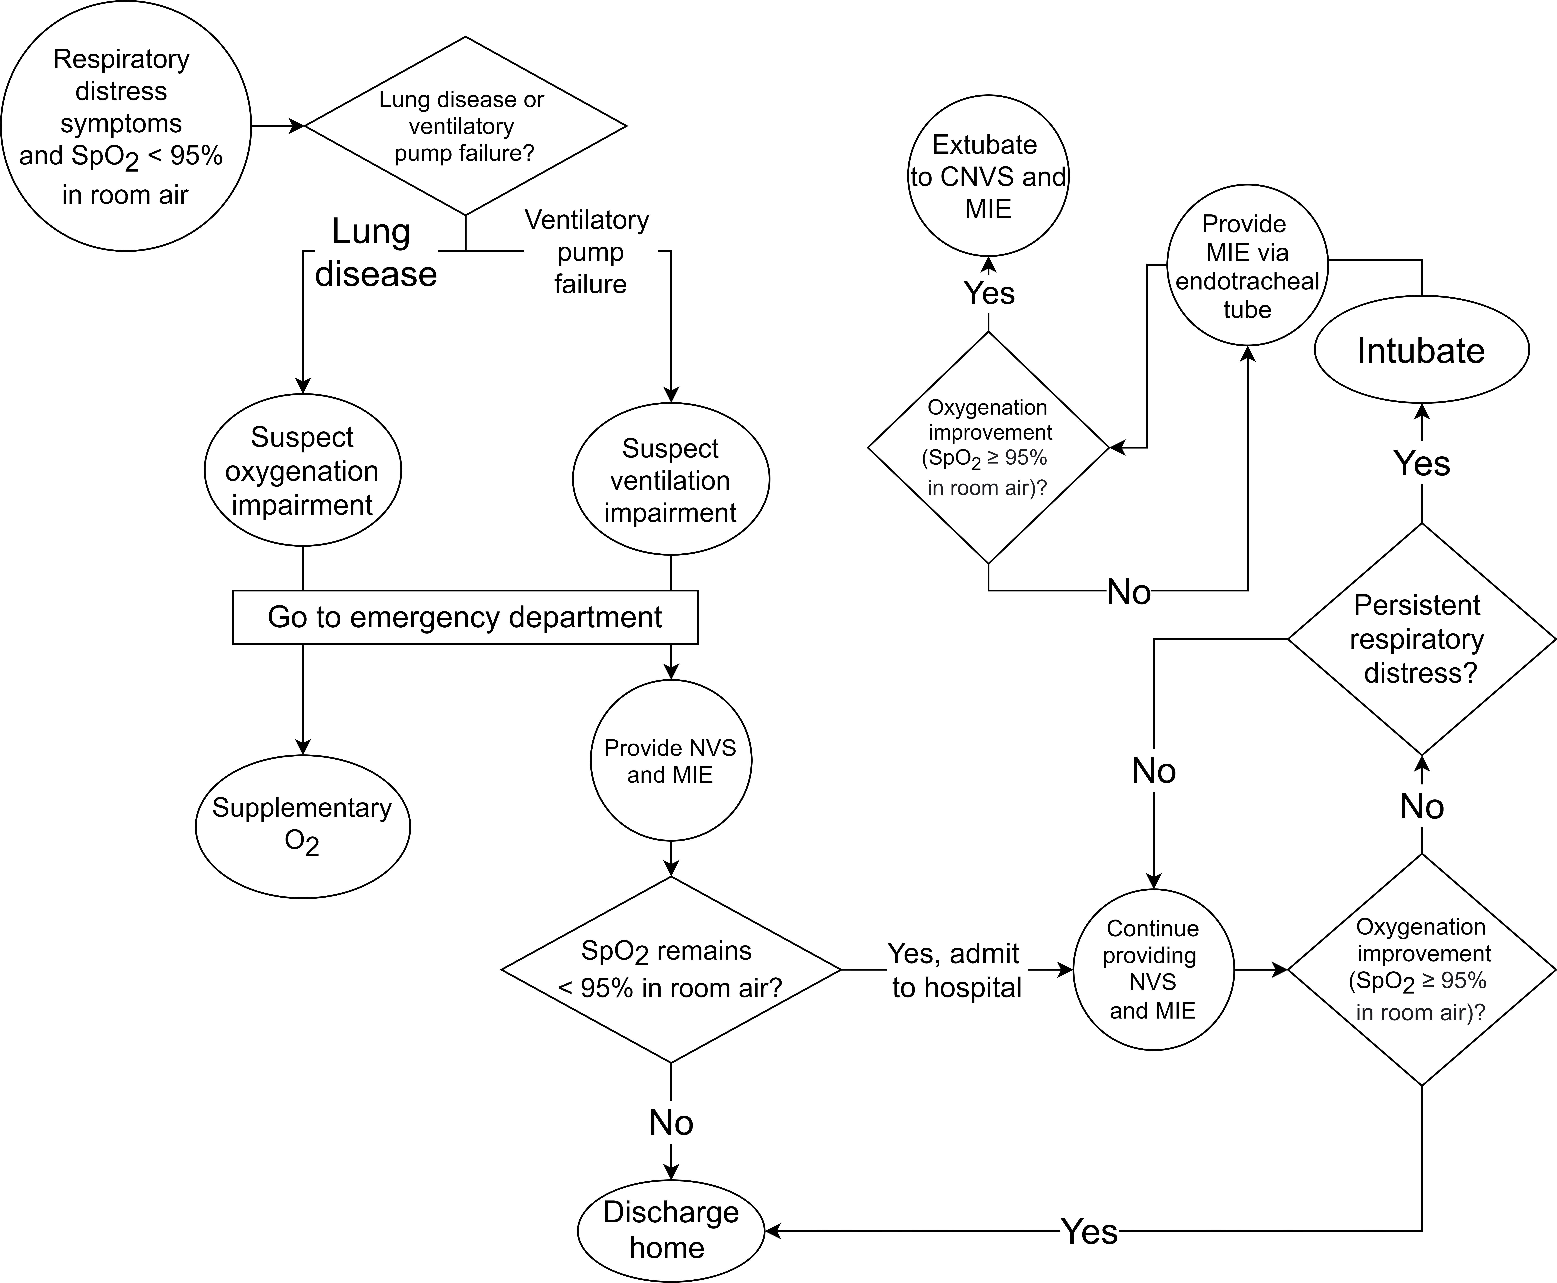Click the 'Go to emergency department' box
coord(465,617)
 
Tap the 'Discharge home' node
coord(671,1230)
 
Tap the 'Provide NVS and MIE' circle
coord(671,761)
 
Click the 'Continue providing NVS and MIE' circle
coord(1153,969)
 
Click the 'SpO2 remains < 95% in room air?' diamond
coord(671,969)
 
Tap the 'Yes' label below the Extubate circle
coord(989,293)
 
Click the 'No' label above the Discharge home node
coord(671,1123)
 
